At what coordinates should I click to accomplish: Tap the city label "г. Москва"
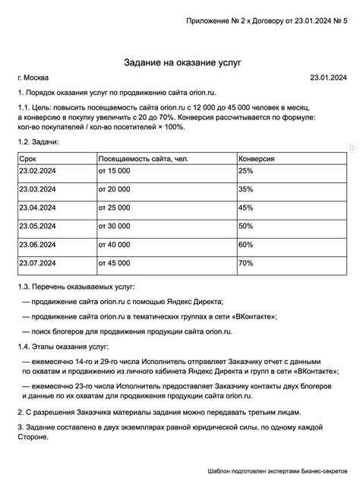33,78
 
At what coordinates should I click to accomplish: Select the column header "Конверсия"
256,159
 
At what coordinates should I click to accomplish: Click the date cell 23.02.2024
37,171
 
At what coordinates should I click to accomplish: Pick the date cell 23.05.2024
37,226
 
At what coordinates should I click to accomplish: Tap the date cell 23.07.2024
37,263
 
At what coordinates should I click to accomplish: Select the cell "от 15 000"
114,171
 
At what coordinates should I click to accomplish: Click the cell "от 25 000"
114,207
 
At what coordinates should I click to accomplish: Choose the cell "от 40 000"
114,245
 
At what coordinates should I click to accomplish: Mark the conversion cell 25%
245,171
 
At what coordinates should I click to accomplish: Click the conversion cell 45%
245,207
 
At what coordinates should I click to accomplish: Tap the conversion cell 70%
245,263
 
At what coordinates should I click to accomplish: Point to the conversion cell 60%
245,245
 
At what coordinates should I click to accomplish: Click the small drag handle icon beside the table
351,147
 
